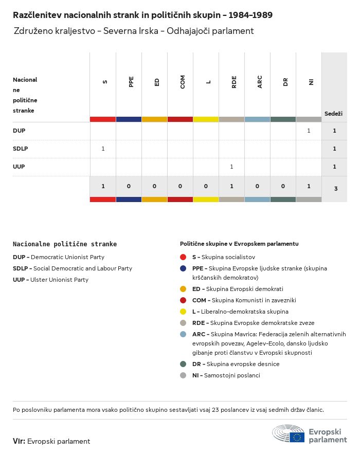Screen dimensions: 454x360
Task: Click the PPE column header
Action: [131, 82]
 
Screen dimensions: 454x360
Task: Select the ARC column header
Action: [260, 82]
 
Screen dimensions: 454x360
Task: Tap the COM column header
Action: [183, 82]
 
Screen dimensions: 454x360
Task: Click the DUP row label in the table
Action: [19, 131]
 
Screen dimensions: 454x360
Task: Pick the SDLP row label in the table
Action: [21, 149]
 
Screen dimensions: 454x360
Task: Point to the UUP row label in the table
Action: [19, 167]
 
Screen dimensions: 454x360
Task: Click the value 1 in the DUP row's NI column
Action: [309, 131]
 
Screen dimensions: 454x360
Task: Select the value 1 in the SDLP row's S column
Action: [103, 149]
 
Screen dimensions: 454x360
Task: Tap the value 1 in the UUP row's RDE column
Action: [231, 167]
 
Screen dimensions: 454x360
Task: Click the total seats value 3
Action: [335, 189]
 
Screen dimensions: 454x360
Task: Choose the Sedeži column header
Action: [333, 113]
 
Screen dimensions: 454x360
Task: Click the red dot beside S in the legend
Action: [183, 257]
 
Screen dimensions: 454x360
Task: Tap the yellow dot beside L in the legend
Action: [183, 312]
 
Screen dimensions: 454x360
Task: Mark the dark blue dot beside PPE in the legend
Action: [183, 268]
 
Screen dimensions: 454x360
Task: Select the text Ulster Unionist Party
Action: [59, 280]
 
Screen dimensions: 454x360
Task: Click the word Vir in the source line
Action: [19, 441]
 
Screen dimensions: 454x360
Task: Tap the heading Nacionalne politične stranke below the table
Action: [65, 244]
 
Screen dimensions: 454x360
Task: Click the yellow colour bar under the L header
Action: [206, 119]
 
